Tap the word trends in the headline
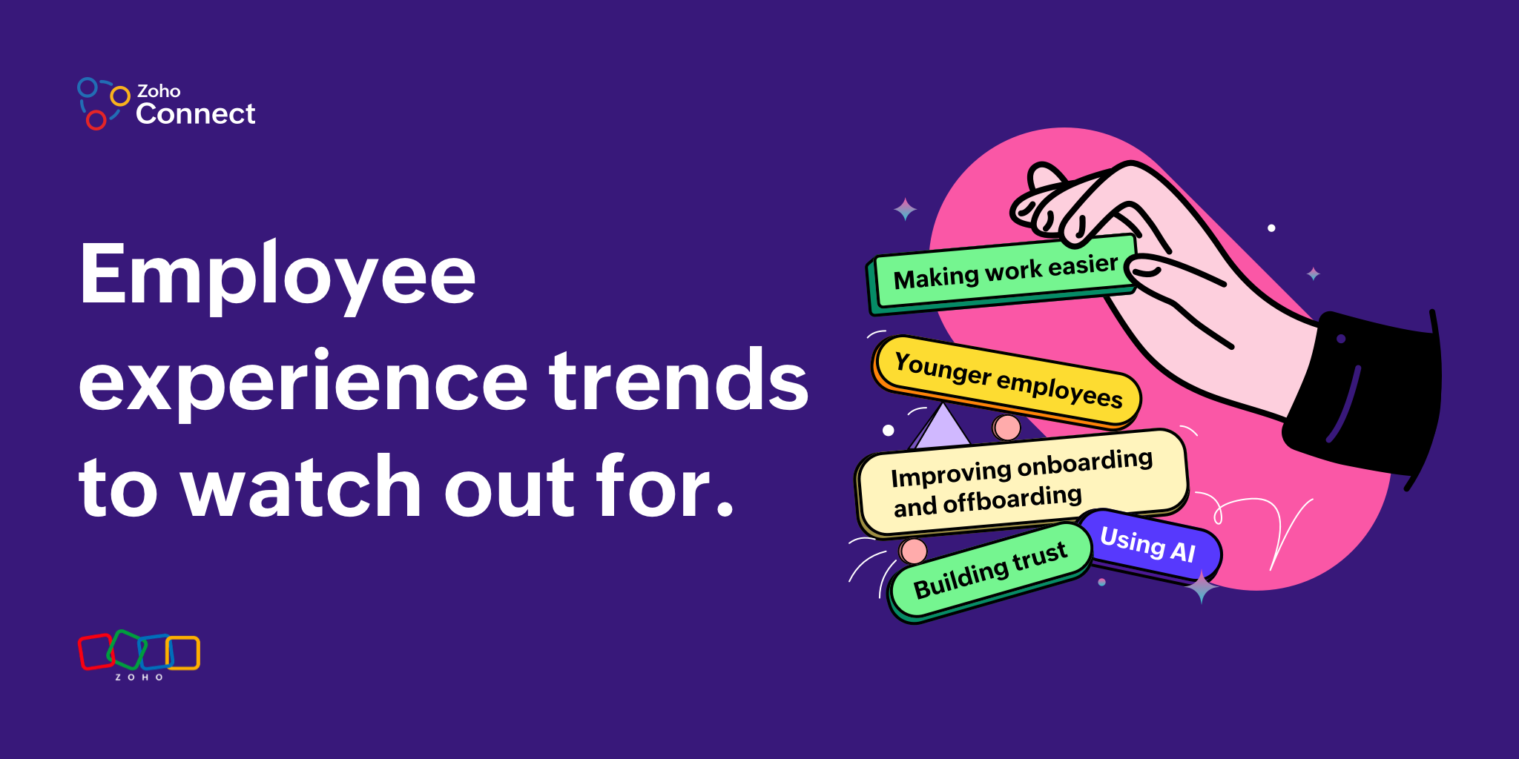click(679, 379)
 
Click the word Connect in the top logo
click(196, 114)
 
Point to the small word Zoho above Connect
click(159, 91)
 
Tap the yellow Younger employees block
click(1006, 381)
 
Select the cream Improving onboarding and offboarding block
click(1022, 482)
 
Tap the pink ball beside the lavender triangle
click(1006, 428)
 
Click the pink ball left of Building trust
click(913, 551)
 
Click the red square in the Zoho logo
click(96, 652)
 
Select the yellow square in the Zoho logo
click(183, 653)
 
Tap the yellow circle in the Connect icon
click(120, 96)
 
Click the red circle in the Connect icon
click(96, 119)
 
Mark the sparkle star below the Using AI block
click(1202, 587)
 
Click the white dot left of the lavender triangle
click(889, 430)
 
